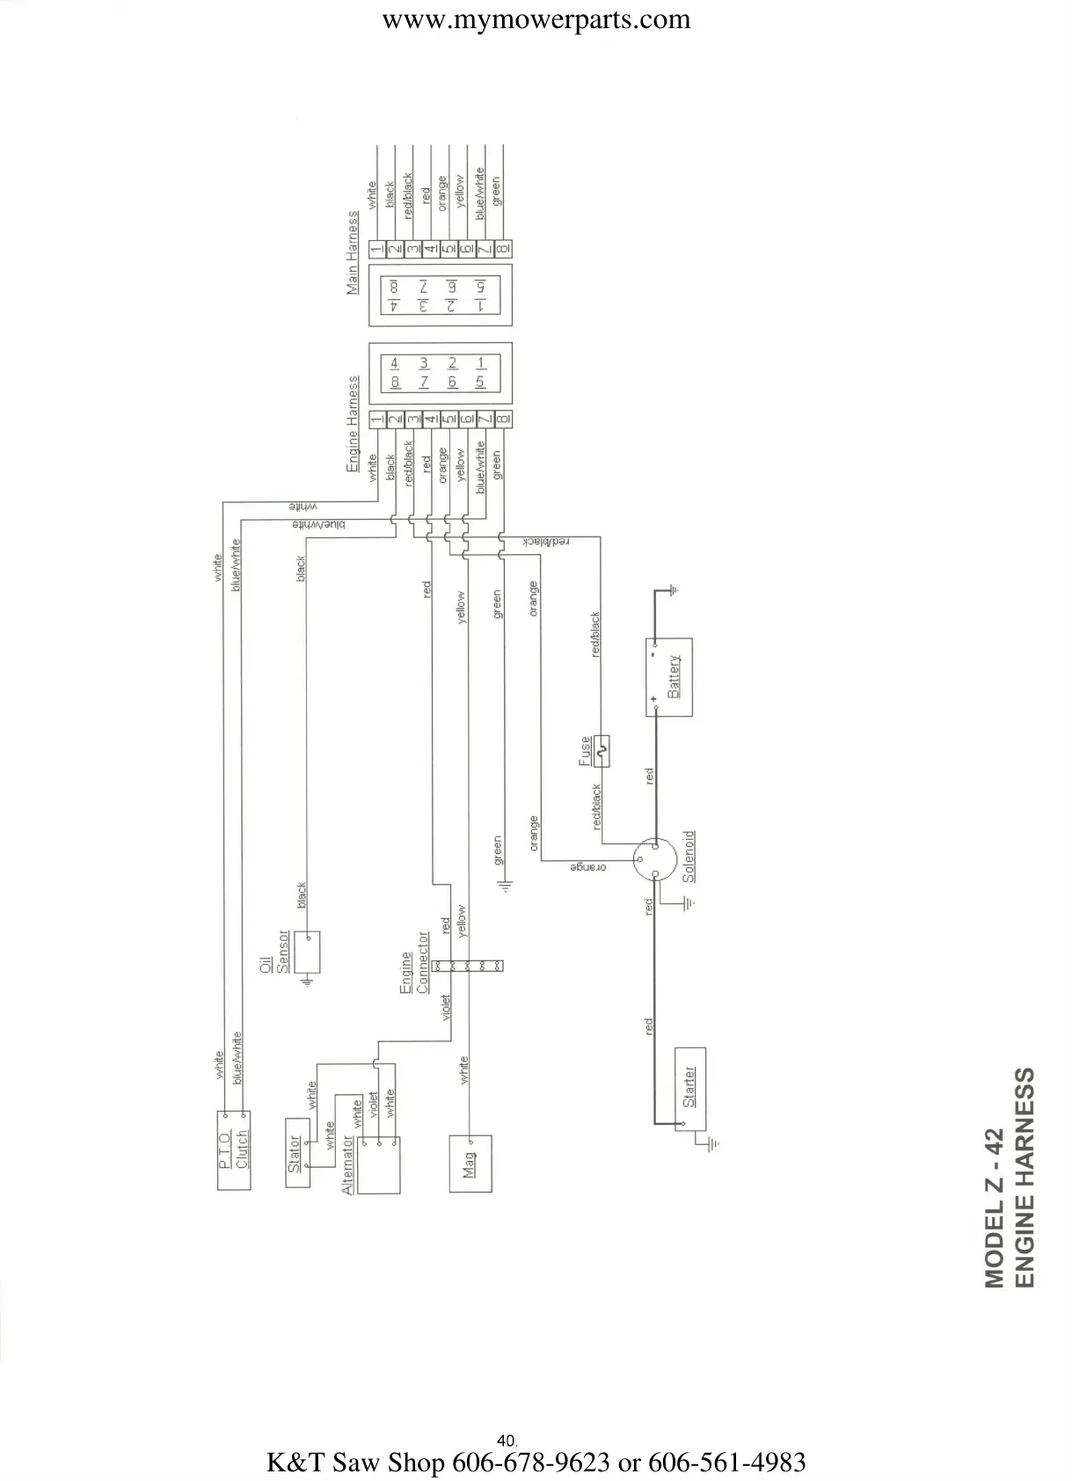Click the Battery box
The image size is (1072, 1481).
pos(668,676)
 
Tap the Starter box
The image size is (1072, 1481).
pos(689,1089)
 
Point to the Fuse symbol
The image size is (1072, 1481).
pos(602,751)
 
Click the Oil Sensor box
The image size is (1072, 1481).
pos(308,952)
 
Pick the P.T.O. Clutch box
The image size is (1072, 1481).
pos(234,1150)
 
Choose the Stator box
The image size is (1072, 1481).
pos(297,1152)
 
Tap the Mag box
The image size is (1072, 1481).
pos(470,1163)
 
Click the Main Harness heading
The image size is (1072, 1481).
pos(353,252)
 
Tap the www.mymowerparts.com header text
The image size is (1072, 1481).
pos(536,19)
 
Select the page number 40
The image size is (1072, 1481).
pos(506,1441)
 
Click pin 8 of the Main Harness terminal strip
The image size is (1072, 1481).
pos(503,249)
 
